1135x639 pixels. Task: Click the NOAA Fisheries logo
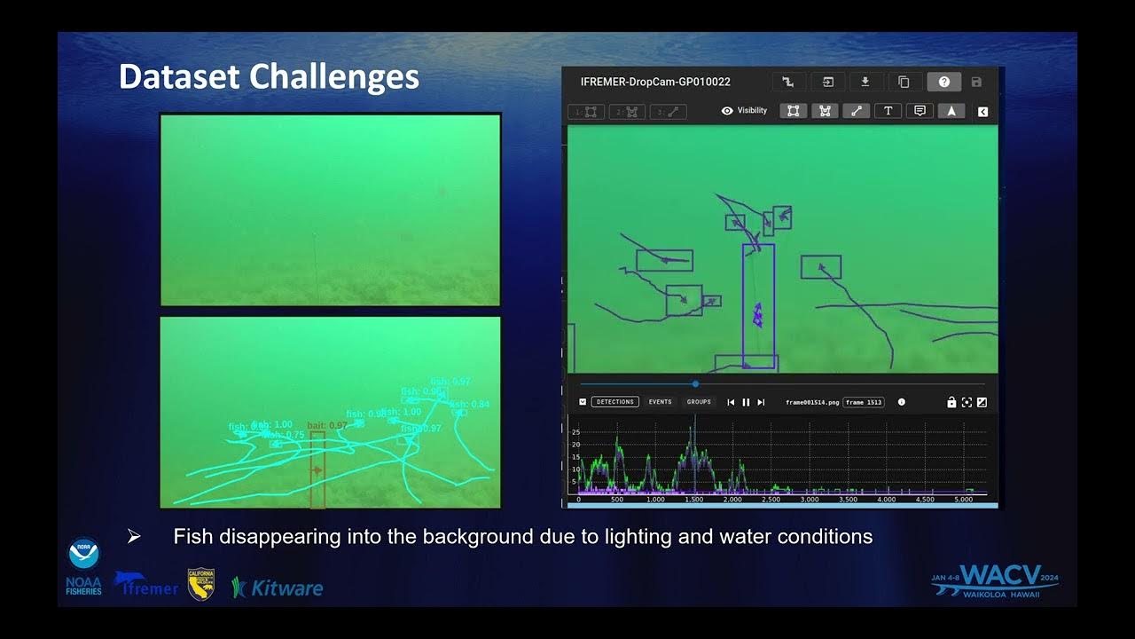(83, 566)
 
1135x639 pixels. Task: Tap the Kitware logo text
(278, 588)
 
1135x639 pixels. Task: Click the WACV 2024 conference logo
(995, 581)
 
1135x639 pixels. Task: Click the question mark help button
(943, 82)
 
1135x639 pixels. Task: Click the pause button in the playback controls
(746, 402)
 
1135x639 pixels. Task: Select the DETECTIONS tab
(614, 402)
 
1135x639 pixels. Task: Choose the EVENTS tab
(660, 402)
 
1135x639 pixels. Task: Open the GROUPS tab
(699, 402)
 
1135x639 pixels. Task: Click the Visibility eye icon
(727, 111)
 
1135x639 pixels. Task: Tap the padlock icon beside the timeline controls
(951, 402)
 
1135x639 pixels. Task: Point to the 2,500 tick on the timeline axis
(771, 500)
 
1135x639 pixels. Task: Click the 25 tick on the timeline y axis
(575, 432)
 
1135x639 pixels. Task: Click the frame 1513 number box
(864, 402)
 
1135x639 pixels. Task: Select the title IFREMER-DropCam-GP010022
(655, 82)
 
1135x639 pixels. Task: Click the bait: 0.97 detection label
(326, 426)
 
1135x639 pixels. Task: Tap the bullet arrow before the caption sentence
(134, 536)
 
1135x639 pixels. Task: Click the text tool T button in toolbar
(888, 111)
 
